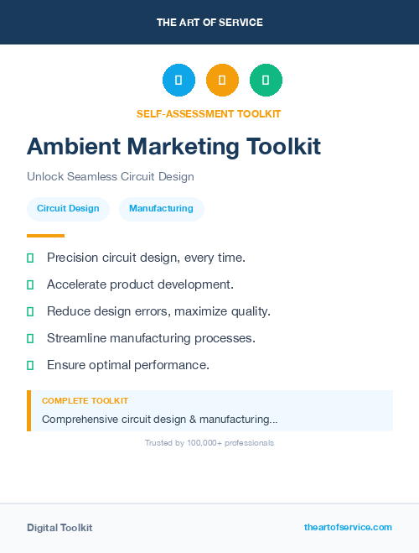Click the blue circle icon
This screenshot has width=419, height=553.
pos(178,80)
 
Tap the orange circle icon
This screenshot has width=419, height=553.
pos(222,80)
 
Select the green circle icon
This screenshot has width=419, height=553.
pos(266,80)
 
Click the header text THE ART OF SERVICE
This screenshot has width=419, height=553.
pos(209,23)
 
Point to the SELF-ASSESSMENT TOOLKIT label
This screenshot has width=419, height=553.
pos(209,113)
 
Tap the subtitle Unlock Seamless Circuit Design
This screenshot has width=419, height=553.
pos(111,177)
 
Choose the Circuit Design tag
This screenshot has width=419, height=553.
pos(68,208)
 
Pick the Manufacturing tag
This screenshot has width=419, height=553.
pos(161,208)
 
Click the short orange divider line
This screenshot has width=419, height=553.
pos(45,236)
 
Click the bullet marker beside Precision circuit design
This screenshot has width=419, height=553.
pos(30,258)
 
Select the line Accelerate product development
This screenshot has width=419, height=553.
pos(140,284)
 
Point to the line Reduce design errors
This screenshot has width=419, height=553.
pos(158,311)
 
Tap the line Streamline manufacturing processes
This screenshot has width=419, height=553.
pos(151,338)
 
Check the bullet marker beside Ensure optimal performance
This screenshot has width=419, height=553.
pos(30,365)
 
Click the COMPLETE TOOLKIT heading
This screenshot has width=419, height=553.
pos(85,401)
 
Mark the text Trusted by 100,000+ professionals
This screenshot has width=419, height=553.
pos(209,442)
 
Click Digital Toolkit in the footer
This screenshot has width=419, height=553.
pos(59,528)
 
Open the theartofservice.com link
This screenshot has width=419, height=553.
pos(348,527)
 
